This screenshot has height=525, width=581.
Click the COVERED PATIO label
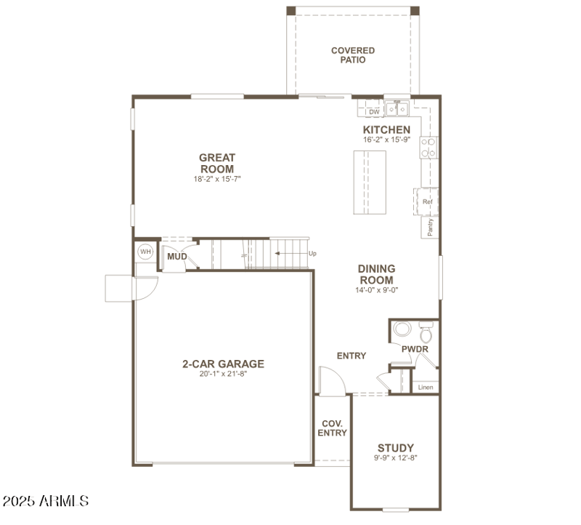tap(353, 55)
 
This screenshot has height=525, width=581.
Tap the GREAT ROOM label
tap(217, 163)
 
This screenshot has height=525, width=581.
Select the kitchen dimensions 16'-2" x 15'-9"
tap(386, 140)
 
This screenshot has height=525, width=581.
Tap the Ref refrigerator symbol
tap(427, 201)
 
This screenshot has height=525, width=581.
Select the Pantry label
tap(430, 228)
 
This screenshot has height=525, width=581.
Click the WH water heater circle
tap(145, 252)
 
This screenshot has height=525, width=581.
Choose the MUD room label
tap(177, 257)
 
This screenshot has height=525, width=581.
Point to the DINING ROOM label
tap(376, 274)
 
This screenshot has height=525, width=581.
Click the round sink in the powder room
tap(401, 329)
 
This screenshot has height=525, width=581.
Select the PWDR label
tap(415, 349)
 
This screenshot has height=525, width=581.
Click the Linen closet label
tap(426, 387)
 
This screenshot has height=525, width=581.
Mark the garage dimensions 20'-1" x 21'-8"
tap(223, 374)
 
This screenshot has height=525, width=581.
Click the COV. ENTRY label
tap(332, 428)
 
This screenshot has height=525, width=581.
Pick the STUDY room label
tap(395, 447)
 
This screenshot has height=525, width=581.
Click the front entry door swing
tap(328, 382)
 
